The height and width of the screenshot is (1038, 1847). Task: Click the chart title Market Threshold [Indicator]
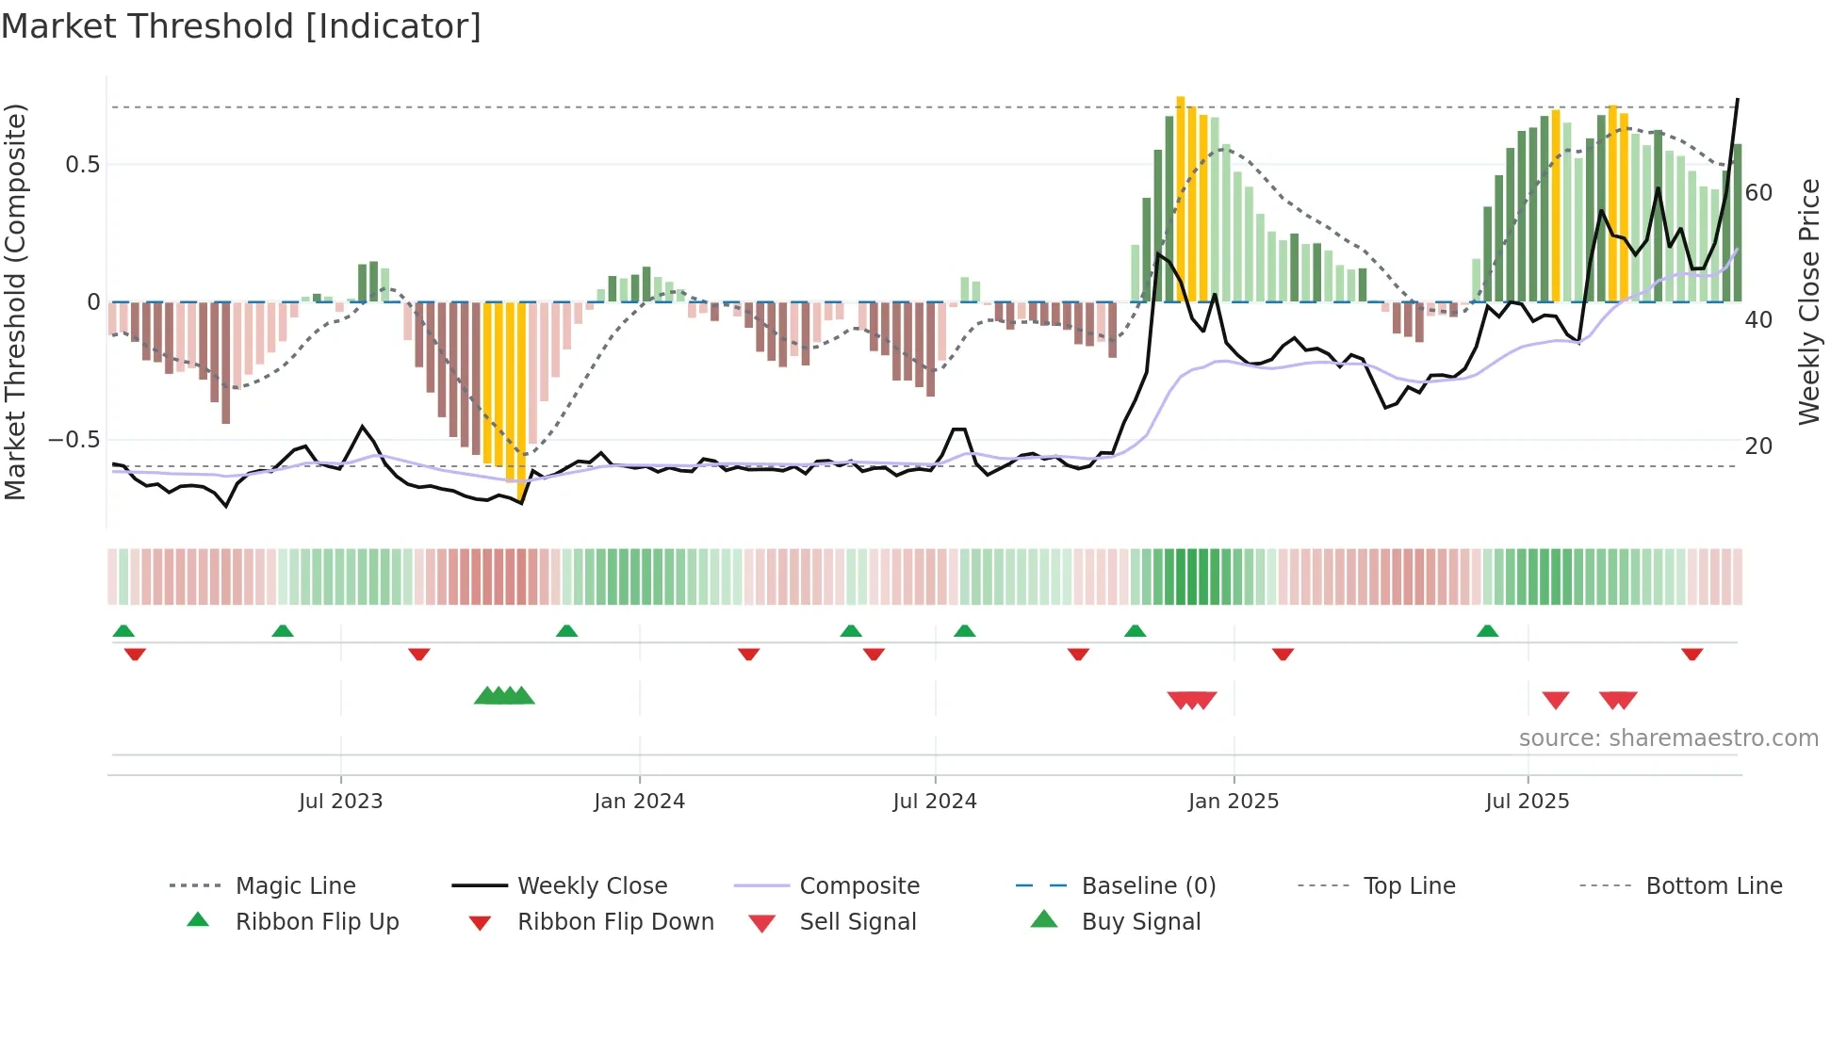click(241, 26)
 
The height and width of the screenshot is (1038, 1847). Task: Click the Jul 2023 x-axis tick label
click(340, 802)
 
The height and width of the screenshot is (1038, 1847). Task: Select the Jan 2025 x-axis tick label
click(1233, 802)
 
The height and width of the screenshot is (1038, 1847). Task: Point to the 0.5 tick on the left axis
click(83, 165)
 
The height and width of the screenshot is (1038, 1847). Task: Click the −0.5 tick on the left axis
click(74, 440)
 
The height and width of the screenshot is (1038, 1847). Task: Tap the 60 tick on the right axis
click(1758, 193)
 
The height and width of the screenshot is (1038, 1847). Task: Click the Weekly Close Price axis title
click(1808, 301)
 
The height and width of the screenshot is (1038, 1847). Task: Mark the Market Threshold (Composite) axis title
click(15, 301)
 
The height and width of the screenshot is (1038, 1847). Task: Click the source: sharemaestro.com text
click(1668, 738)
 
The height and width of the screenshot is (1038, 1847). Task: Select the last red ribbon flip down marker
click(1692, 654)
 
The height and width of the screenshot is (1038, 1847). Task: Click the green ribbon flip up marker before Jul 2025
click(1487, 631)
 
